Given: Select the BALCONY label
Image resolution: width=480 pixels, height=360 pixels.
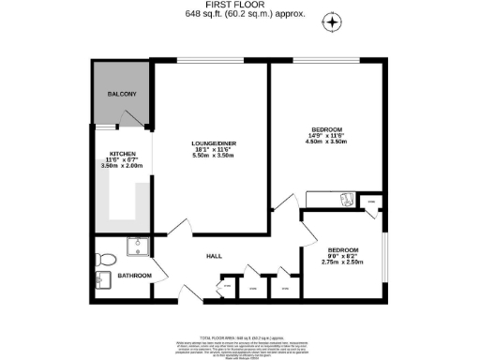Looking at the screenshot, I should coord(122,95).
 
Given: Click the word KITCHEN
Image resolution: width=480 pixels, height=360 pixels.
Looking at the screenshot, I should coord(122,154).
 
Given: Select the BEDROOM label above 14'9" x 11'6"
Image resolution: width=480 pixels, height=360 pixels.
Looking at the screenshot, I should coord(327,128).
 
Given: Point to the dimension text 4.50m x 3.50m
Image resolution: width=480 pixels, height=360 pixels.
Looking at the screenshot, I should coord(327,143).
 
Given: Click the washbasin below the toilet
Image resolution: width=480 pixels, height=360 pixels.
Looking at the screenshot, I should coord(98,279).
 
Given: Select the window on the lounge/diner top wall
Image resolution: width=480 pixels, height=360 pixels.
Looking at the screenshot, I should coord(212,63).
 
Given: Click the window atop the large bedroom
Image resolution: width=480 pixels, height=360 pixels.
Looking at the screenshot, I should coord(325,63).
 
